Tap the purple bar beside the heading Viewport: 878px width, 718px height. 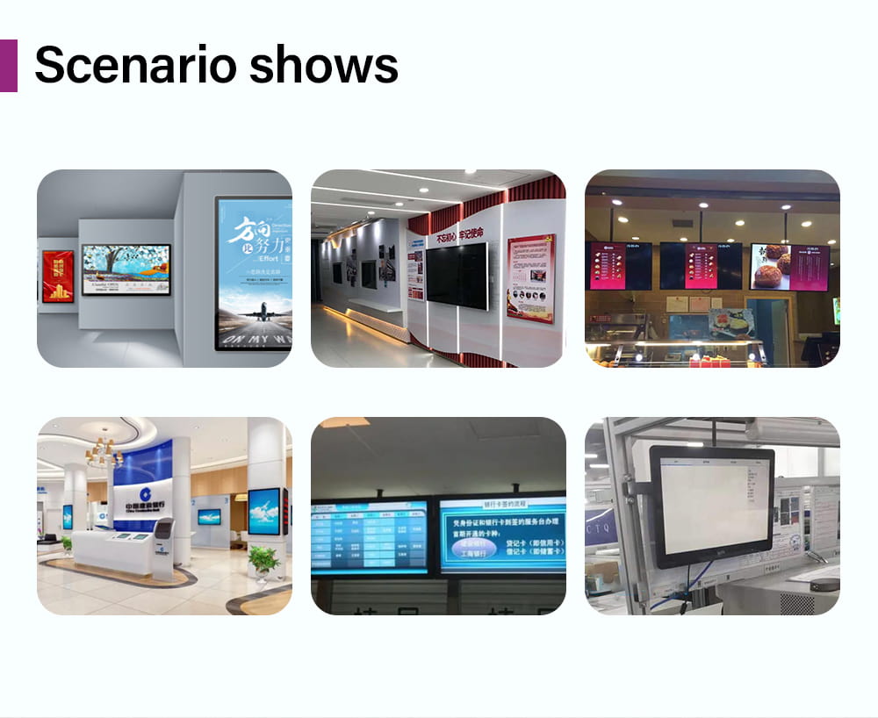tap(8, 66)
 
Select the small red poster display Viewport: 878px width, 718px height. tap(58, 276)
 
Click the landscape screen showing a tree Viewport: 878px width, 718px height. tap(126, 269)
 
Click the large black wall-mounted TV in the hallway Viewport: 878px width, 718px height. tap(457, 275)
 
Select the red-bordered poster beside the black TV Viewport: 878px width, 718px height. tap(530, 276)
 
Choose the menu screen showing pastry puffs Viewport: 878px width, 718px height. tap(788, 266)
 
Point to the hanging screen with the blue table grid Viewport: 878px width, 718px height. tap(370, 536)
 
